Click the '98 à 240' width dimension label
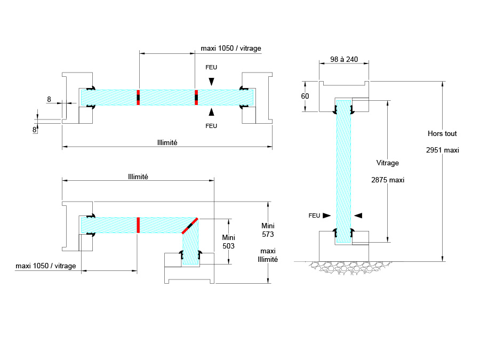(343, 59)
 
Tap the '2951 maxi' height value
(442, 150)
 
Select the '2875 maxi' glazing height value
(388, 180)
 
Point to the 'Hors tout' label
(442, 134)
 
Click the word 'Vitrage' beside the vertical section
(387, 163)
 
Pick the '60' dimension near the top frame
(305, 96)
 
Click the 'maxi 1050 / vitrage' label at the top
(231, 49)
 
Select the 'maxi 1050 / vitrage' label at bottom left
(46, 266)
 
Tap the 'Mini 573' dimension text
(268, 229)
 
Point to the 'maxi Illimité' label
(268, 255)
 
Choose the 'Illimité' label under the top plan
(167, 142)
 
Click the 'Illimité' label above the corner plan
(138, 177)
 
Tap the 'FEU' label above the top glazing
(212, 67)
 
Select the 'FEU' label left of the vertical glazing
(314, 215)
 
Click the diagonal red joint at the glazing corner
(189, 226)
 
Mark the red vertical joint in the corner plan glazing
(138, 225)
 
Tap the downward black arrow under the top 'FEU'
(212, 81)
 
